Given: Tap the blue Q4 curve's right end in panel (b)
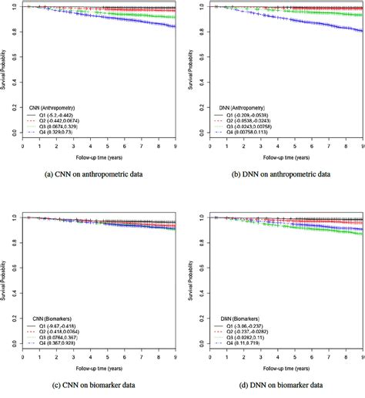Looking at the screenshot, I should [x=359, y=32].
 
